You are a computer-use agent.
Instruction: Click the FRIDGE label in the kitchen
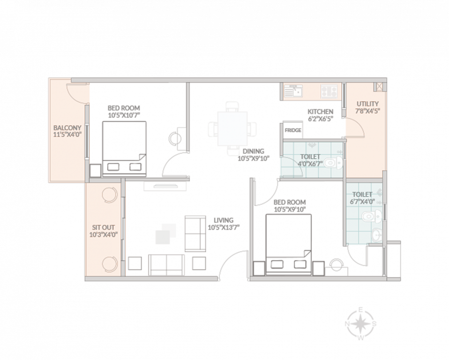[293, 131]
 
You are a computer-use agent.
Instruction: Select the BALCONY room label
[67, 128]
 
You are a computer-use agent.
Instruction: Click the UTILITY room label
[368, 104]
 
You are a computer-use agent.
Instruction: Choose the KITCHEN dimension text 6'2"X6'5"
[320, 119]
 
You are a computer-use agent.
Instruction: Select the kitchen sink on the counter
[294, 90]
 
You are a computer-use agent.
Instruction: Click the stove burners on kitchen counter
[330, 90]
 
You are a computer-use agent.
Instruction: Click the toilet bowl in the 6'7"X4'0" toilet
[370, 217]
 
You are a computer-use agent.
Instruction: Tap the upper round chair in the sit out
[109, 194]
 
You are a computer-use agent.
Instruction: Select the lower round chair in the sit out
[109, 263]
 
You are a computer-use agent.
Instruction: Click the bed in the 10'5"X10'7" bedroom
[124, 149]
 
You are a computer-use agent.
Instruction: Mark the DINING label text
[254, 151]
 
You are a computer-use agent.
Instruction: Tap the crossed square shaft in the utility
[378, 87]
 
